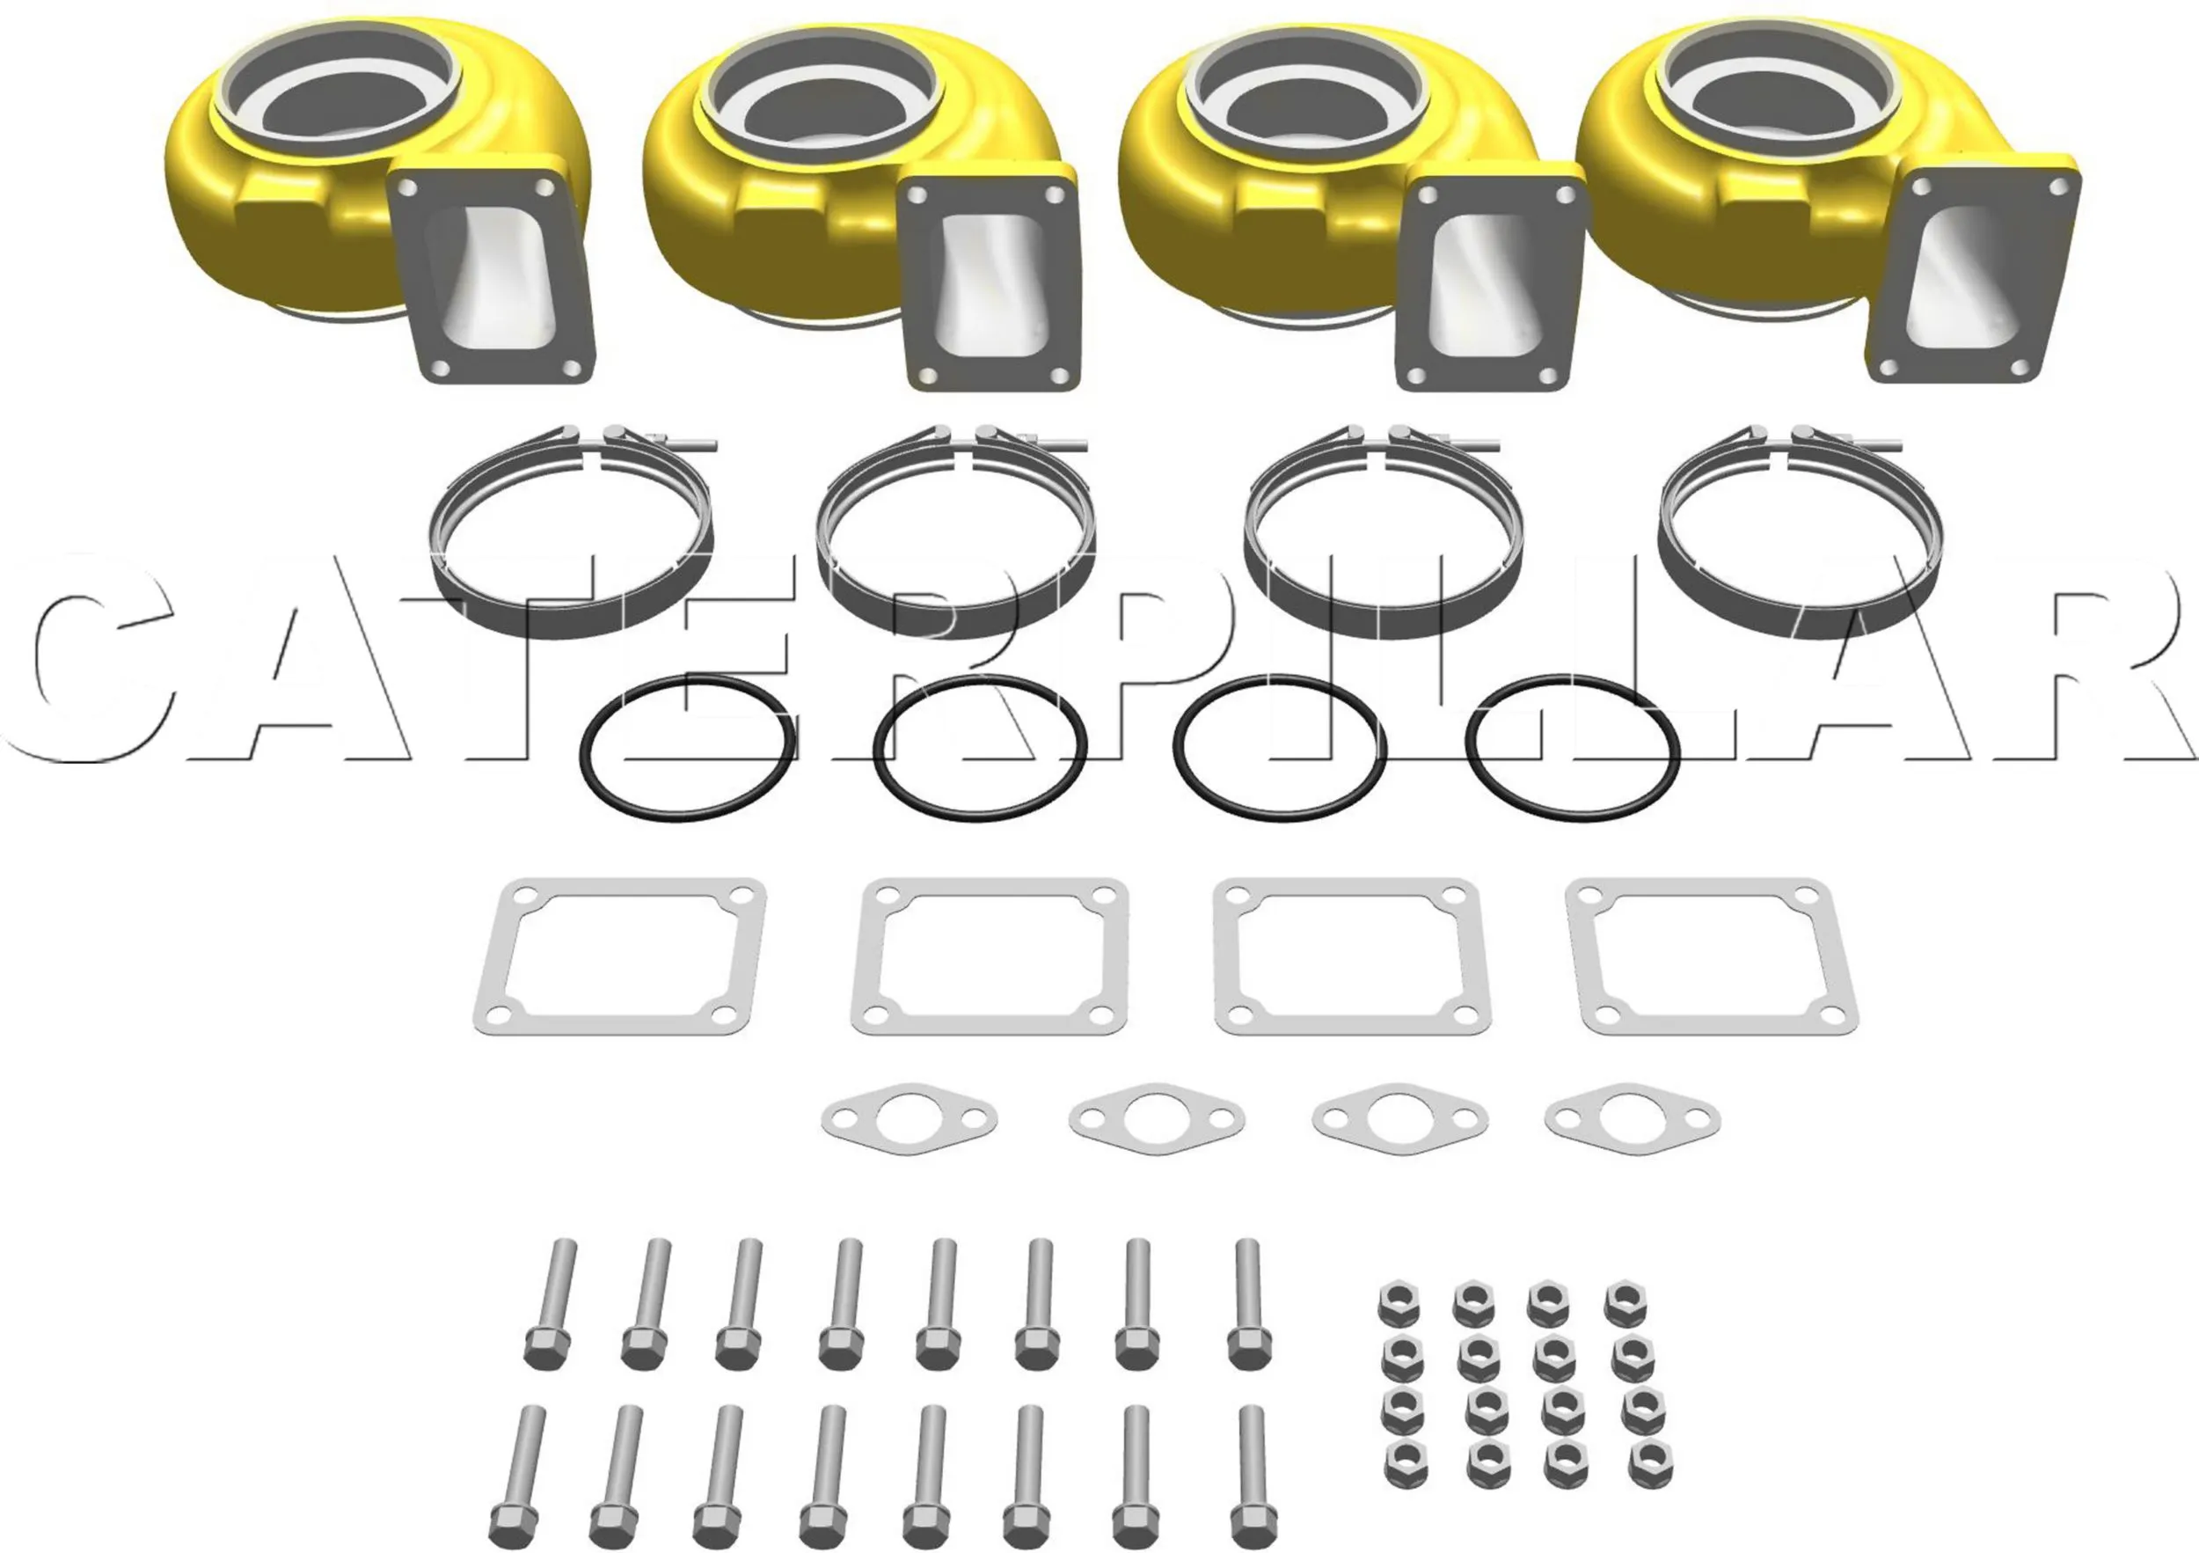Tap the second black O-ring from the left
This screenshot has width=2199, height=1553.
(878, 748)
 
